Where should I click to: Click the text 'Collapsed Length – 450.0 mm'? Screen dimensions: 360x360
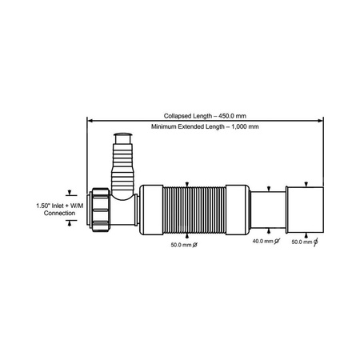click(205, 114)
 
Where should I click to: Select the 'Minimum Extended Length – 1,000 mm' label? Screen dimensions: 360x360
click(205, 127)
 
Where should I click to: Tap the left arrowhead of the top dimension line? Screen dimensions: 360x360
click(90, 121)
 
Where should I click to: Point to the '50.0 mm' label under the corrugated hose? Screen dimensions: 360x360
click(182, 246)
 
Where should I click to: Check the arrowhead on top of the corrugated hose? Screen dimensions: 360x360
click(186, 183)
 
